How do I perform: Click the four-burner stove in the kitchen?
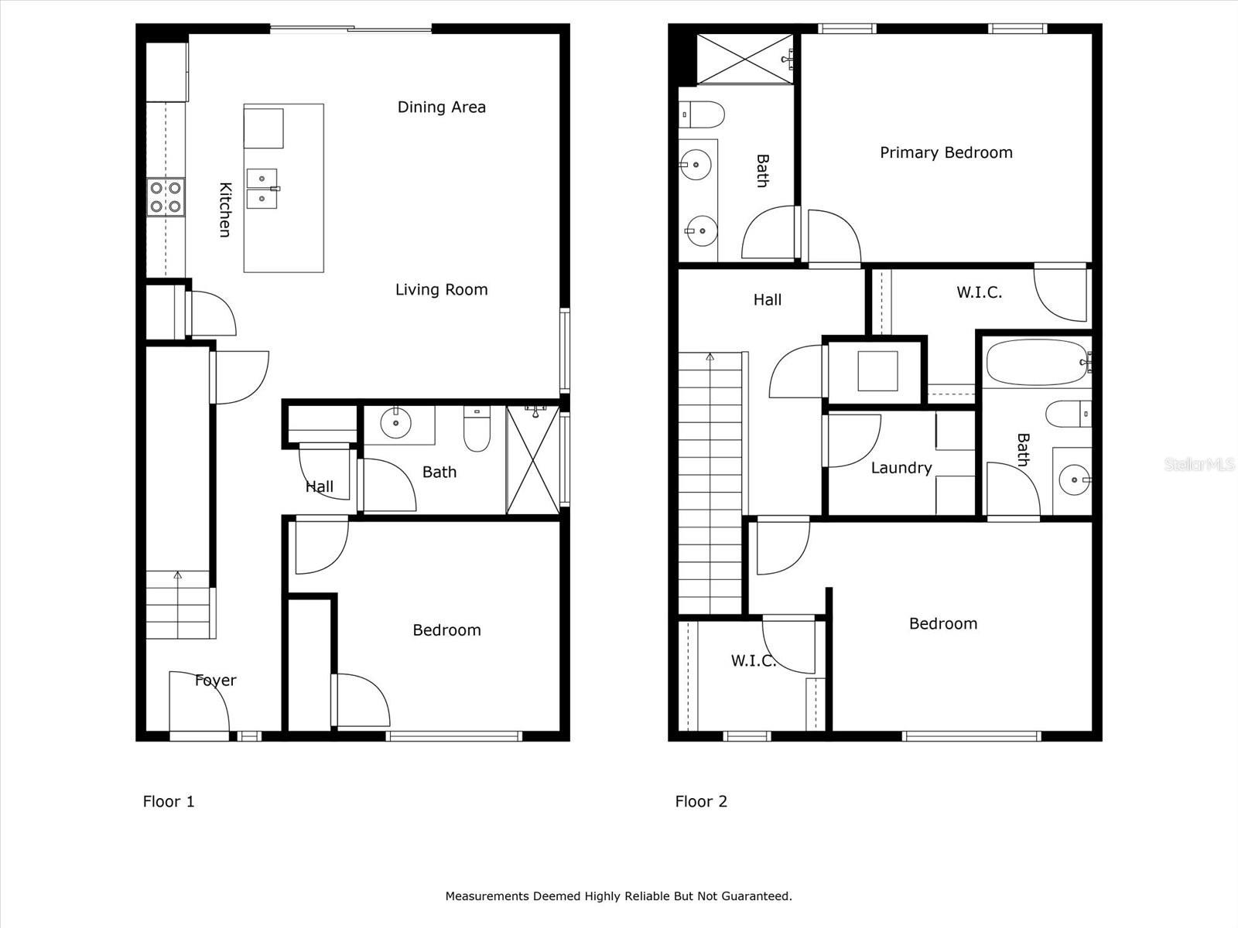click(x=166, y=196)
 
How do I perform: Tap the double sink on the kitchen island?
click(x=262, y=189)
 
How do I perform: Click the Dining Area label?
click(x=441, y=107)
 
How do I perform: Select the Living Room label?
click(x=441, y=289)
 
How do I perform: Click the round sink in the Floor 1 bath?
click(x=395, y=422)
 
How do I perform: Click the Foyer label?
click(x=215, y=680)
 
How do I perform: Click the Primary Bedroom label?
click(x=946, y=152)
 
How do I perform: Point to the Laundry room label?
click(x=901, y=467)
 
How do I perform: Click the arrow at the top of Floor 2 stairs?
click(x=710, y=357)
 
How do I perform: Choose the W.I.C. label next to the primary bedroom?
click(x=979, y=292)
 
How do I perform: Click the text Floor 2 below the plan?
click(x=701, y=801)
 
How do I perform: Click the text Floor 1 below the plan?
click(x=169, y=801)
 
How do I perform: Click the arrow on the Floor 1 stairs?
click(x=178, y=575)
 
